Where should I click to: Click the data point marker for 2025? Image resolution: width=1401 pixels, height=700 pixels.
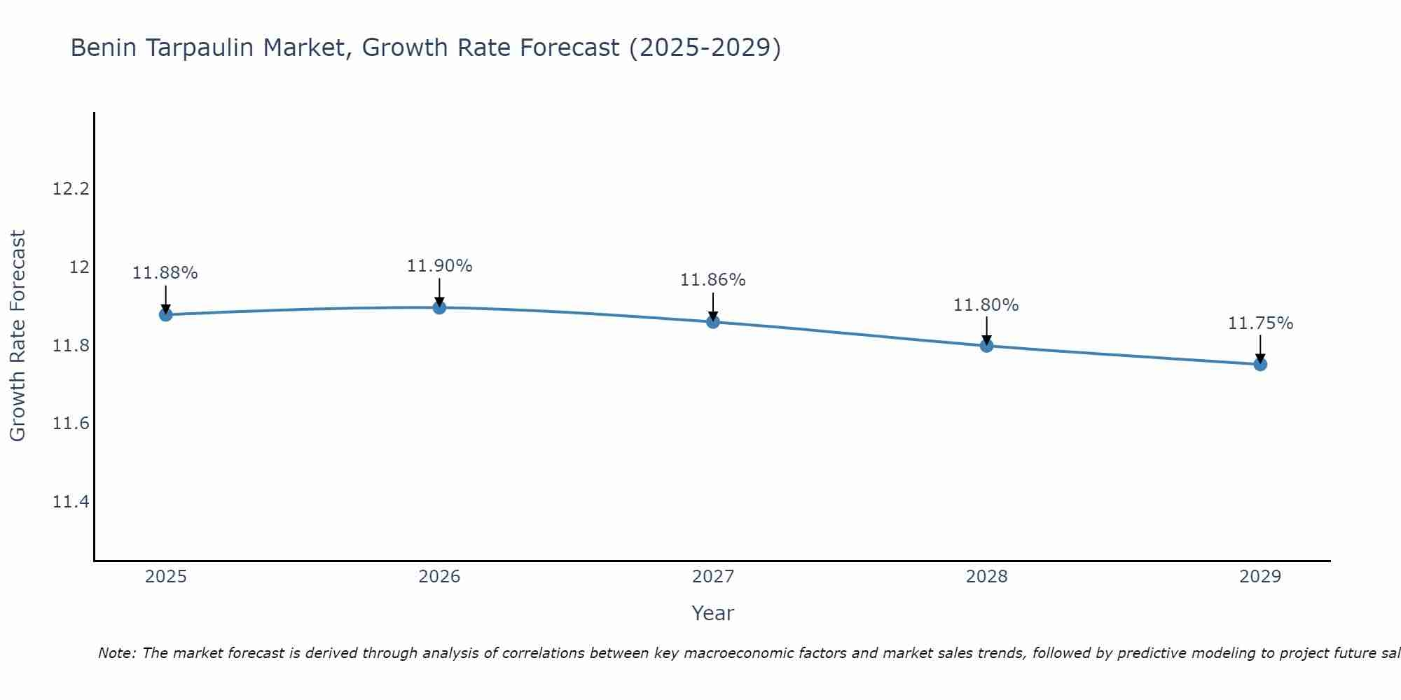click(165, 314)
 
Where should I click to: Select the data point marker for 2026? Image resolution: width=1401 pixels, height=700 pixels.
click(439, 307)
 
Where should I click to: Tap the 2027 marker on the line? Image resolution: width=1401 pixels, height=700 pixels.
click(713, 322)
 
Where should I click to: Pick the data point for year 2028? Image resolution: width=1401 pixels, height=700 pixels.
click(986, 345)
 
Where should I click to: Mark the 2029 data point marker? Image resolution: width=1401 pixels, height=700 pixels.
click(1260, 364)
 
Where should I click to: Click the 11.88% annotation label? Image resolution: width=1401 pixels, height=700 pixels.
click(165, 273)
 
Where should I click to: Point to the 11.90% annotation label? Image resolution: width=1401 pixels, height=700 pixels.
click(439, 266)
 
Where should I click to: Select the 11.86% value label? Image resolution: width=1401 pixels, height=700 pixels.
click(713, 280)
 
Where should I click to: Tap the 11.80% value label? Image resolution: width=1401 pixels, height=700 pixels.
click(986, 305)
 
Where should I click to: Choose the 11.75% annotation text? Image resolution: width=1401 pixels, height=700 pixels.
click(1260, 323)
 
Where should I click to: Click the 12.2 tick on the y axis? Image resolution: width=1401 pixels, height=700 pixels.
click(71, 189)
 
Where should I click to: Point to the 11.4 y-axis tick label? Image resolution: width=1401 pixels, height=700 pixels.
click(71, 502)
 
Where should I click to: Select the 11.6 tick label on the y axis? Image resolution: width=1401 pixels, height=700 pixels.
click(71, 423)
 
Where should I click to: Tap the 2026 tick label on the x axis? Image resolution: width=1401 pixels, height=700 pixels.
click(439, 577)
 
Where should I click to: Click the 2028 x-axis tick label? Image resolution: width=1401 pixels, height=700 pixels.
click(986, 577)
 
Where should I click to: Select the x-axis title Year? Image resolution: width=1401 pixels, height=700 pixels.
click(712, 613)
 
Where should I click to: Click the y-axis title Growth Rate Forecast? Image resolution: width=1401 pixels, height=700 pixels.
click(18, 336)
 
